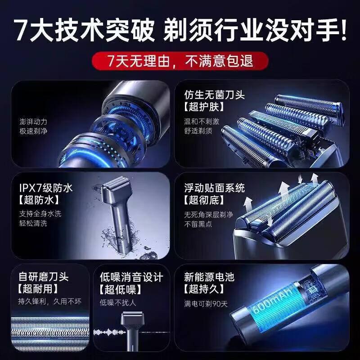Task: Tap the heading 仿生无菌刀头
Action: [209, 95]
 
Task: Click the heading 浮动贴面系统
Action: [215, 187]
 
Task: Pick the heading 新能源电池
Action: [209, 277]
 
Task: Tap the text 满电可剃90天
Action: [206, 303]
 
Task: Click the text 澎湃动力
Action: [33, 121]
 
